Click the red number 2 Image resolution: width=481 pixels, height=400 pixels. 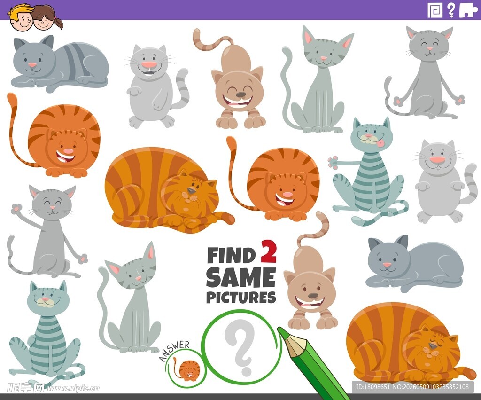click(269, 252)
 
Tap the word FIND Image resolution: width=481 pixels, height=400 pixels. click(231, 255)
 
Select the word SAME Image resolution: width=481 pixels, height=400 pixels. click(241, 277)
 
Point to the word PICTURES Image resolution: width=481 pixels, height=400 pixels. click(241, 297)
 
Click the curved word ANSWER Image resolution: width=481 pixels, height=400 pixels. click(174, 350)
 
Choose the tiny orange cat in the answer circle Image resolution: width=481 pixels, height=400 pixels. click(186, 369)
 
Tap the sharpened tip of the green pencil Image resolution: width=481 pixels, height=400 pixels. click(280, 329)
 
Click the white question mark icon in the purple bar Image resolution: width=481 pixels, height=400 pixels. click(451, 10)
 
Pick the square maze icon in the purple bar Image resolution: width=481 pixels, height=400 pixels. click(435, 10)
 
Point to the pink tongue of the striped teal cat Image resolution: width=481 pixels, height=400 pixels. click(380, 143)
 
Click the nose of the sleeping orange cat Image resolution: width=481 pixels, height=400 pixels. click(433, 346)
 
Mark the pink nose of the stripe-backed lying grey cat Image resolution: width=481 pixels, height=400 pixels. click(32, 65)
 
